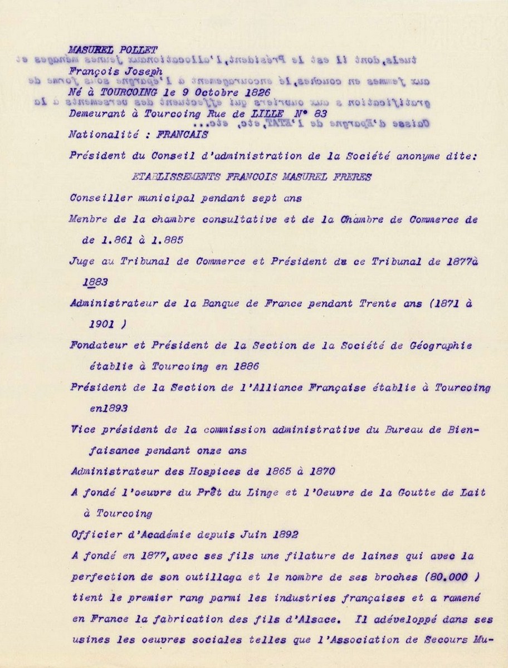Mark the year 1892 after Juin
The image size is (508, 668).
point(284,535)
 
